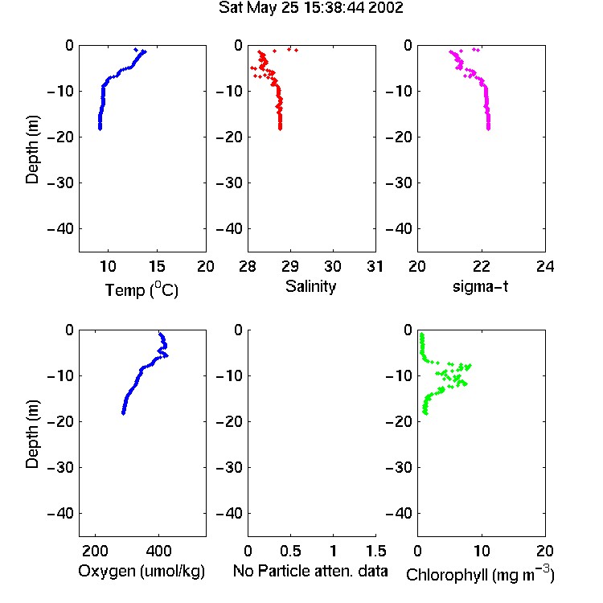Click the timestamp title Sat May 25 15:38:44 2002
pos(310,8)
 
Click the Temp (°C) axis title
pos(142,289)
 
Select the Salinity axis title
pos(310,286)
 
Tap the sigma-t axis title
pos(480,286)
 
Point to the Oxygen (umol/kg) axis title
pos(142,571)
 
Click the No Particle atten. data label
pos(310,571)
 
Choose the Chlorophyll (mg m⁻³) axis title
pos(480,574)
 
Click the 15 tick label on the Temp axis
pos(157,266)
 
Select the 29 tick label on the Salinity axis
pos(290,266)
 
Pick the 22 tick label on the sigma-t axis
pos(482,266)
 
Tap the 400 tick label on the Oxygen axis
pos(158,551)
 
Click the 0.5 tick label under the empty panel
pos(290,551)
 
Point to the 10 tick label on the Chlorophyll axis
pos(482,551)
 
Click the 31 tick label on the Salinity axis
pos(375,266)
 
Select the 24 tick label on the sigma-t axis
pos(545,266)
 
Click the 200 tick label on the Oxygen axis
pos(95,551)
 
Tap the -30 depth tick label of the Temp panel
pos(60,183)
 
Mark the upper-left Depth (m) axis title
pos(32,150)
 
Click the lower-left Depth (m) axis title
pos(32,434)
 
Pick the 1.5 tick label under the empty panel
pos(375,551)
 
